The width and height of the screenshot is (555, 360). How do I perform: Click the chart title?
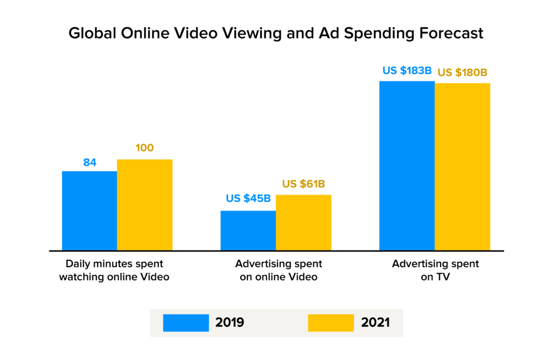(x=275, y=34)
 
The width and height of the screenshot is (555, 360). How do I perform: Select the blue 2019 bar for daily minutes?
(x=89, y=211)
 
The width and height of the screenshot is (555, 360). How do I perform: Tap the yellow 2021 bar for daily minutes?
(x=145, y=205)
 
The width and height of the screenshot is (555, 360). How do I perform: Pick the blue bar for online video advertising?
(x=248, y=230)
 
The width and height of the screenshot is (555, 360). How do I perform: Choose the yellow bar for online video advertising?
(x=304, y=223)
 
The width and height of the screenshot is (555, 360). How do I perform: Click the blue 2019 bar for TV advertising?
(x=407, y=166)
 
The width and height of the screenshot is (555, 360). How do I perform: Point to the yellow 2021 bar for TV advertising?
(x=462, y=167)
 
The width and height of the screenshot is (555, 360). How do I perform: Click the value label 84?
(x=89, y=162)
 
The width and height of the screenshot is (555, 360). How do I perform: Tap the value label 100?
(x=144, y=148)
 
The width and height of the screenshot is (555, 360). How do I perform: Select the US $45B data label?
(x=248, y=198)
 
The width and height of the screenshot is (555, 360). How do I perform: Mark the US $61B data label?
(x=304, y=184)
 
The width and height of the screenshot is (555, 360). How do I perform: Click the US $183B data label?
(x=408, y=70)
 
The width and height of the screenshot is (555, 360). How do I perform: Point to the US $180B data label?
(x=462, y=73)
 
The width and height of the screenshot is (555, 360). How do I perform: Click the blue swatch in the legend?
(x=186, y=323)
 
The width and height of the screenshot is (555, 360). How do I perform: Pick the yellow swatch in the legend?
(x=331, y=323)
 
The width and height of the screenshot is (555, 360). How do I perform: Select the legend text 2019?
(x=230, y=323)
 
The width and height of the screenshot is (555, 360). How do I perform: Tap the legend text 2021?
(x=375, y=323)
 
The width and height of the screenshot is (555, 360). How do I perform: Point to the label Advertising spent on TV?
(x=436, y=271)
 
